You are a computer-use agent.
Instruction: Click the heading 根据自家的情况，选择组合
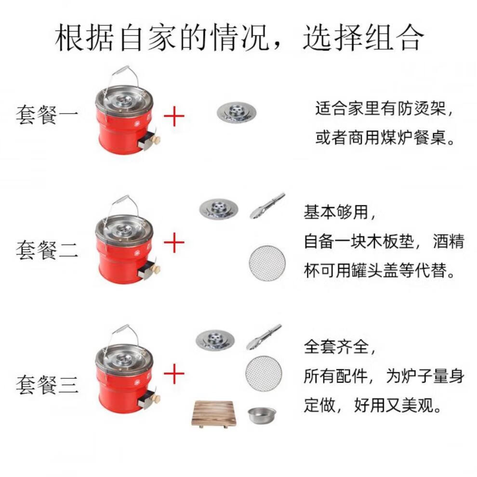click(239, 38)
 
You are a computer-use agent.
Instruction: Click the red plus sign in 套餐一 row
click(174, 116)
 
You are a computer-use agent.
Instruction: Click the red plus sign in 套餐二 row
click(174, 243)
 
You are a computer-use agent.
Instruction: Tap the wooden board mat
click(214, 413)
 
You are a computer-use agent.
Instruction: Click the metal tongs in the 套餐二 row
click(267, 206)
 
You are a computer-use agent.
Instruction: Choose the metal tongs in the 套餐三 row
click(264, 337)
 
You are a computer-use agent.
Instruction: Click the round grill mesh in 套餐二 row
click(267, 263)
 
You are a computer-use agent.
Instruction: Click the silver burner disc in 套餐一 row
click(236, 112)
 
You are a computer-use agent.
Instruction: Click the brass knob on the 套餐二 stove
click(155, 268)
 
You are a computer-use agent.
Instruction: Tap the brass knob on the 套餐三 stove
click(155, 398)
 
